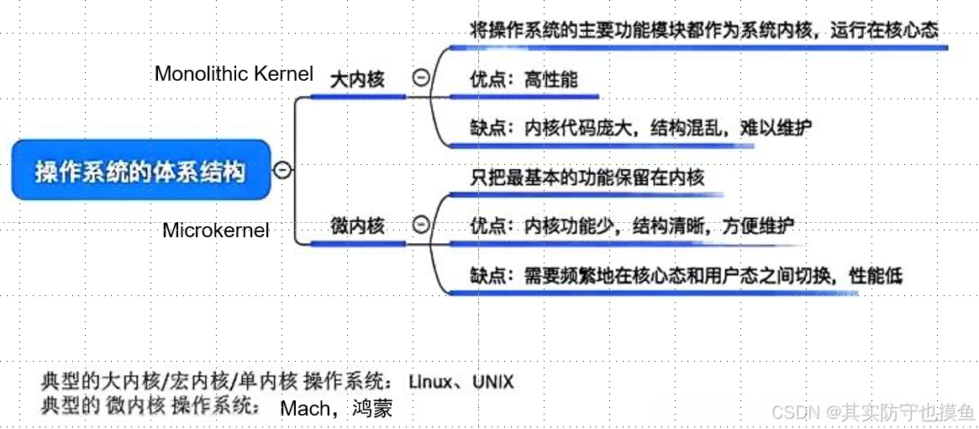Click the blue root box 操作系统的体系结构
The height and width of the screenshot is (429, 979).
(141, 170)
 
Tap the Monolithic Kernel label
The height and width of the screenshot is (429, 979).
(234, 74)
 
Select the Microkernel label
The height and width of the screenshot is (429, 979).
(216, 230)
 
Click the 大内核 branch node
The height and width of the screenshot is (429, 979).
(357, 80)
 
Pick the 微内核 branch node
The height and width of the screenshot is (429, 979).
(357, 225)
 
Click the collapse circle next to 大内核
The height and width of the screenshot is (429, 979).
(421, 77)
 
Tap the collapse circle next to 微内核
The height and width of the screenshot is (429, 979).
(422, 224)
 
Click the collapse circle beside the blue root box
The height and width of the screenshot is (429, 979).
(283, 169)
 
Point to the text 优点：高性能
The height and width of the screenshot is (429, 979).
(524, 81)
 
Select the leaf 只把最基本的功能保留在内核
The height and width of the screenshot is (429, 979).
(587, 177)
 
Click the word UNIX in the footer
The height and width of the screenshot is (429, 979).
(493, 381)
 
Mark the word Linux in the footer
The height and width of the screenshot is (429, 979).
(430, 381)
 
